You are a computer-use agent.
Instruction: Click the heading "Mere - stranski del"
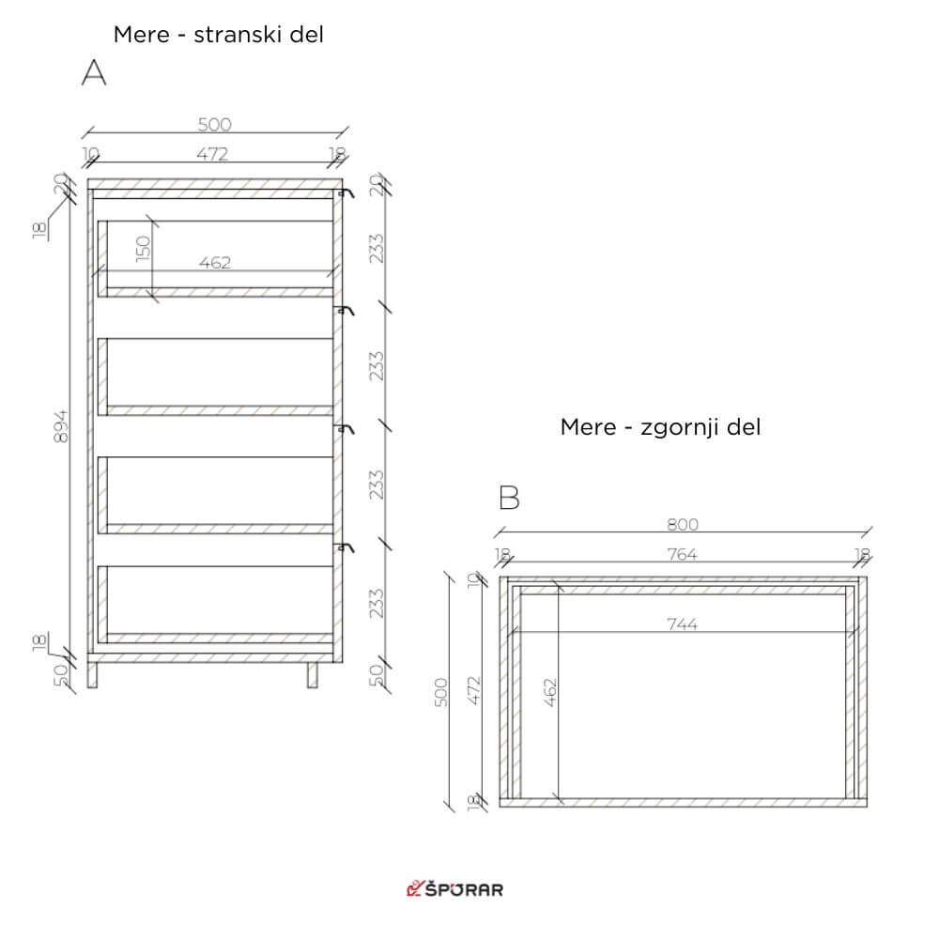click(x=218, y=35)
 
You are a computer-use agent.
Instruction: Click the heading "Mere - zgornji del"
click(x=660, y=427)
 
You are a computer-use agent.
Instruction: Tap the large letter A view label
click(x=93, y=73)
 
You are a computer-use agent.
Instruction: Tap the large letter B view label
click(x=509, y=498)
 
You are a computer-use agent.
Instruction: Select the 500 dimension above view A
click(x=214, y=125)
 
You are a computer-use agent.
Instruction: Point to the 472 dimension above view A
click(x=212, y=155)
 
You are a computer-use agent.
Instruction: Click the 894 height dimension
click(x=61, y=426)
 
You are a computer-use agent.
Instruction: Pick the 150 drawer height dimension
click(x=143, y=249)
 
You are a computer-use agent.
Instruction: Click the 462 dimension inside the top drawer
click(x=214, y=263)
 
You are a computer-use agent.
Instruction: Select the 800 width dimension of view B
click(x=683, y=525)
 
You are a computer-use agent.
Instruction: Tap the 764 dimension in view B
click(x=682, y=555)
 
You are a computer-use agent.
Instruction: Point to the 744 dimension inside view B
click(x=682, y=624)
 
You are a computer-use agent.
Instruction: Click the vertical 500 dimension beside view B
click(x=440, y=692)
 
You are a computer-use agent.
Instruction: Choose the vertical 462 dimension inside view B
click(x=550, y=692)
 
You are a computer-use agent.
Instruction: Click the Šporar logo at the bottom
click(x=454, y=888)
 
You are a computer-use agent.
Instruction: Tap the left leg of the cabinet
click(x=92, y=675)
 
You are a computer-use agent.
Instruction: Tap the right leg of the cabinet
click(x=313, y=675)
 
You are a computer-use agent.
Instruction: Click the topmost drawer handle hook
click(x=346, y=192)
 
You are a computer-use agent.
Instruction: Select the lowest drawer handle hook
click(x=346, y=547)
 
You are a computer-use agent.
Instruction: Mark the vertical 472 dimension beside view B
click(x=473, y=690)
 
